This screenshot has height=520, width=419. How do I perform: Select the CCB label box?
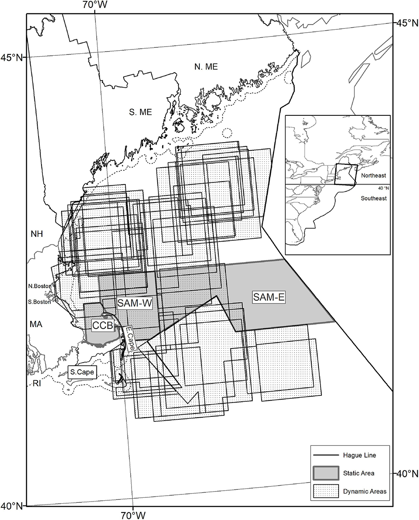click(103, 325)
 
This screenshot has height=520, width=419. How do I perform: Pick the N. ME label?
click(206, 66)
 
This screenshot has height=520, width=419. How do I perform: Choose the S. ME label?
click(140, 112)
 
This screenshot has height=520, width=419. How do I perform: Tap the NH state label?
click(37, 234)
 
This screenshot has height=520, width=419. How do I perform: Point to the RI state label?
click(36, 382)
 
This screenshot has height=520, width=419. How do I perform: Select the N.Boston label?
click(39, 286)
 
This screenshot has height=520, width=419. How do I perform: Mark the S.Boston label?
click(39, 302)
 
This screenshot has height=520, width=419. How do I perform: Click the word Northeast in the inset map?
click(373, 176)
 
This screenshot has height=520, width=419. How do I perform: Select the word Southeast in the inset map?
click(374, 198)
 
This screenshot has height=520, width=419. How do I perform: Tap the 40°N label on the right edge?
click(407, 474)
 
